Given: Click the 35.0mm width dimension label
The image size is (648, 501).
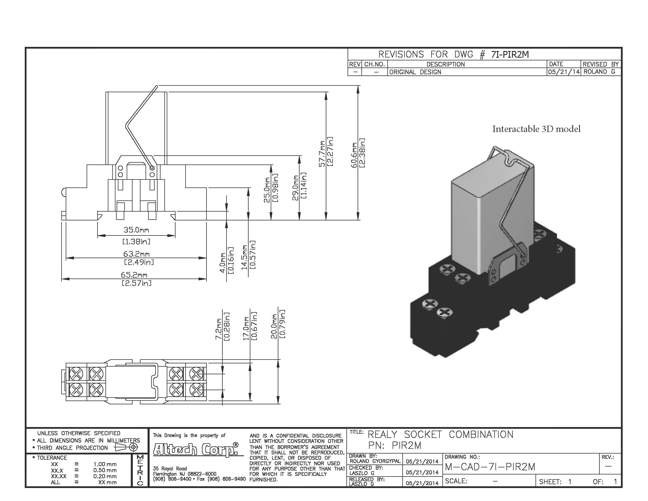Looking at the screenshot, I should (136, 230).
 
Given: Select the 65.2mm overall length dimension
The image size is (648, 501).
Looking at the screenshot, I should (134, 275).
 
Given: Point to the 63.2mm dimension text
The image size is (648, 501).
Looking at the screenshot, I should (136, 254).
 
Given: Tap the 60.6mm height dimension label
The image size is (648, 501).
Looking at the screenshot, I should (354, 155).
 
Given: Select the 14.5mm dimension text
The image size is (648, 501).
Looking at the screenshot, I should (244, 257).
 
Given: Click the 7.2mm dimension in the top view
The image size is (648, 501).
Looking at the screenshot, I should (218, 329).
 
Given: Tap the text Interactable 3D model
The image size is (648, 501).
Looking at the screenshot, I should (536, 129).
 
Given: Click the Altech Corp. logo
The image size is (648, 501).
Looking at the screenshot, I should (196, 449).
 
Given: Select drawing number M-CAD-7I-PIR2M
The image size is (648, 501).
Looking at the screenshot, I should (490, 467).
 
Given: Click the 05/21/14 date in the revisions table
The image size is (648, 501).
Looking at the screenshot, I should (563, 72).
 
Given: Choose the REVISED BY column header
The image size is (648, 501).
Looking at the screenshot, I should (600, 64).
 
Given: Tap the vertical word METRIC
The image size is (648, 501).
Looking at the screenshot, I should (140, 470).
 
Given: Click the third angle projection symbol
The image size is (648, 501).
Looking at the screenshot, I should (126, 447).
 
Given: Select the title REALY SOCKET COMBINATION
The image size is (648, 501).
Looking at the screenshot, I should (440, 434).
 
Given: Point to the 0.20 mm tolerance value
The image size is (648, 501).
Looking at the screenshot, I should (105, 476).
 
